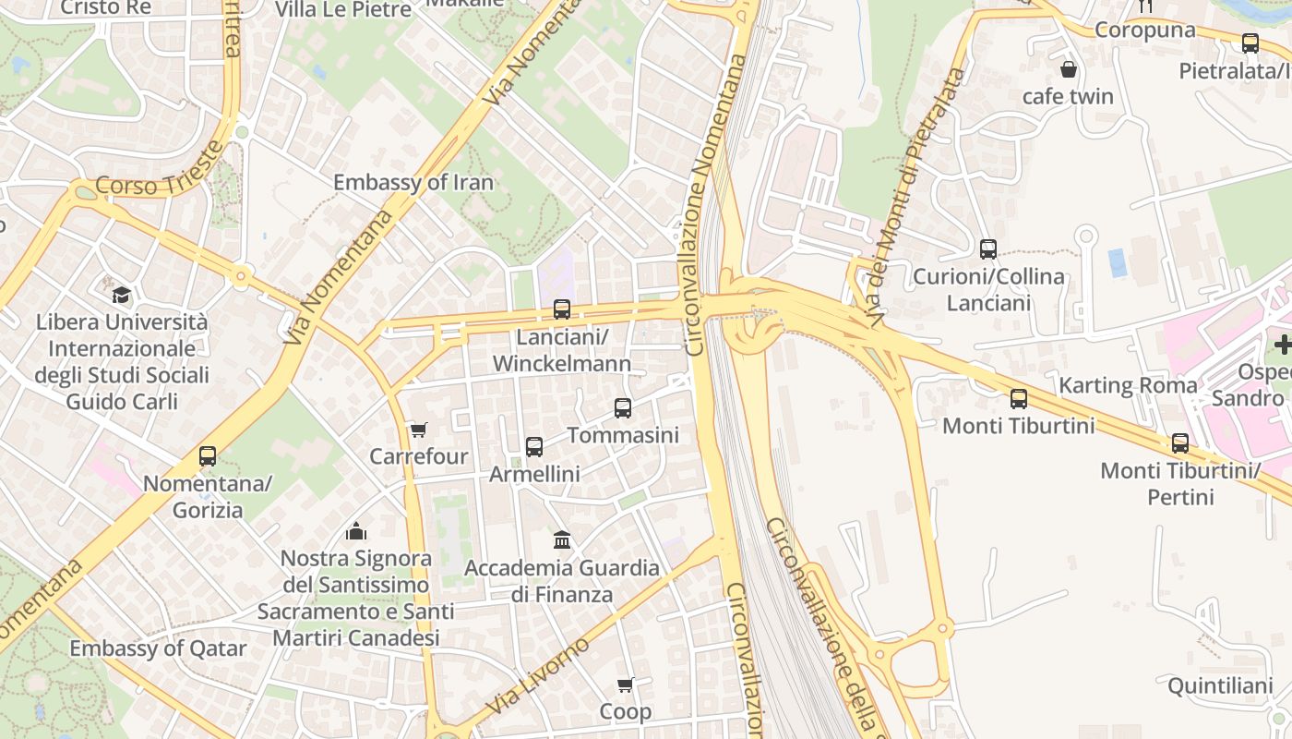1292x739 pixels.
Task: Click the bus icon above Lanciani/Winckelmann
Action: pos(561,309)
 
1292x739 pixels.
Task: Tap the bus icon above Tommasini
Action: pos(623,407)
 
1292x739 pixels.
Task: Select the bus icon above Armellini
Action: pos(533,447)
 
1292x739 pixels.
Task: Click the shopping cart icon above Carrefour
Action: pos(418,430)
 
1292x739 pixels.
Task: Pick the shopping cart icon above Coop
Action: pos(625,684)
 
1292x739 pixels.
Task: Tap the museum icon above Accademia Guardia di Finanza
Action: pos(561,539)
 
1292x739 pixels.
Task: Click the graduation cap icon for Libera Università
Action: pos(121,296)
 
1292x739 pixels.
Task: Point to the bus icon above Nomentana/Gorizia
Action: pos(208,455)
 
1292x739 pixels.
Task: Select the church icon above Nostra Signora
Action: pos(356,531)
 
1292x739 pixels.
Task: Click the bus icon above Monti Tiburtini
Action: pos(1018,399)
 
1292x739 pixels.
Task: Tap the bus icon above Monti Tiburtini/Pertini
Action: pos(1179,443)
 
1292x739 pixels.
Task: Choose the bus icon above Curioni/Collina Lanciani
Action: pos(987,249)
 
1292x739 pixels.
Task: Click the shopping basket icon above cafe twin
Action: pos(1068,69)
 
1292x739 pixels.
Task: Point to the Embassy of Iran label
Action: pos(413,182)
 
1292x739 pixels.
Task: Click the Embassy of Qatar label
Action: pos(158,648)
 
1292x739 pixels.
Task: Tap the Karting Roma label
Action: pos(1127,385)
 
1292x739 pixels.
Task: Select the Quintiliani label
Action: pos(1220,686)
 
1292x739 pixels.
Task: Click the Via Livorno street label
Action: pos(536,676)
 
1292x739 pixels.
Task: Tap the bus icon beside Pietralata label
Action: pos(1250,43)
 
